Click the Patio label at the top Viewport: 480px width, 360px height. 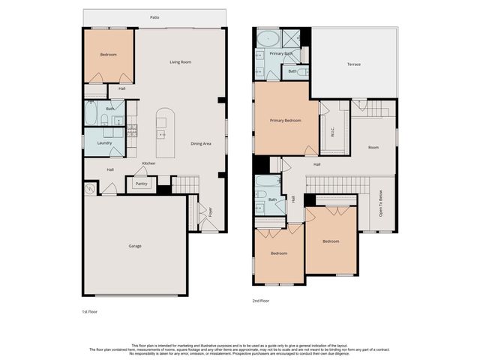pyautogui.click(x=154, y=16)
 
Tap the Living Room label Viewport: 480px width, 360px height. pyautogui.click(x=180, y=62)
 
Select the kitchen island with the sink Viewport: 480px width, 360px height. pyautogui.click(x=164, y=133)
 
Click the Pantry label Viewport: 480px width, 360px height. pyautogui.click(x=140, y=183)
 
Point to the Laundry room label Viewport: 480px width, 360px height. pyautogui.click(x=104, y=142)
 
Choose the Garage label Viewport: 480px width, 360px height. pyautogui.click(x=135, y=246)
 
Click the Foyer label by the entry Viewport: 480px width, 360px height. pyautogui.click(x=211, y=212)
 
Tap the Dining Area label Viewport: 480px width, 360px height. pyautogui.click(x=201, y=143)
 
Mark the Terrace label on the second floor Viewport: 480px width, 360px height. pyautogui.click(x=353, y=64)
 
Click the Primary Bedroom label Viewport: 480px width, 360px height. pyautogui.click(x=286, y=120)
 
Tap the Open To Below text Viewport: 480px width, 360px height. pyautogui.click(x=381, y=202)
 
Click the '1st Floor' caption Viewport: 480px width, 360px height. pyautogui.click(x=90, y=310)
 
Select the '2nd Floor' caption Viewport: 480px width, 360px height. pyautogui.click(x=261, y=300)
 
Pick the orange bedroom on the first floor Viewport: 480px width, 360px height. pyautogui.click(x=109, y=56)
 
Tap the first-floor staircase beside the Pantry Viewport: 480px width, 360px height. pyautogui.click(x=187, y=184)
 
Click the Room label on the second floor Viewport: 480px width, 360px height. pyautogui.click(x=373, y=148)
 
